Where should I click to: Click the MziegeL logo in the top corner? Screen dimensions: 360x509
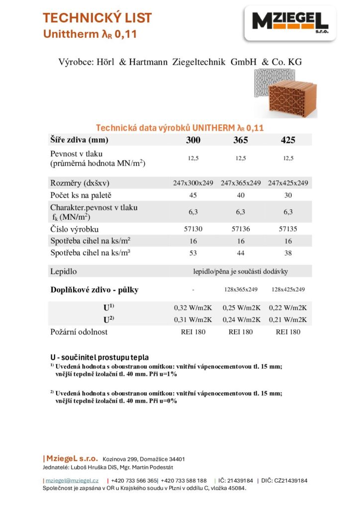[290, 22]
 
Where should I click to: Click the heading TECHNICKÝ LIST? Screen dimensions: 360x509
[97, 18]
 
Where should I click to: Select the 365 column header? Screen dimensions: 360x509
[241, 140]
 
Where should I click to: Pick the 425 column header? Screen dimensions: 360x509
[288, 140]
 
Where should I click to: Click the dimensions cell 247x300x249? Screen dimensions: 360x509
[193, 183]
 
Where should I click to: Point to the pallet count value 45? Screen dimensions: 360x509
[193, 195]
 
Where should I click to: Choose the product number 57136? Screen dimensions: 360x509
[241, 229]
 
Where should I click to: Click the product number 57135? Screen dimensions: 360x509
[288, 229]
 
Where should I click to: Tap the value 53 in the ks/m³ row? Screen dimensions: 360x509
[193, 253]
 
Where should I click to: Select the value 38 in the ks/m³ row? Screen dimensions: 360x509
[288, 253]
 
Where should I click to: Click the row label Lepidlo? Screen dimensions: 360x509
[64, 271]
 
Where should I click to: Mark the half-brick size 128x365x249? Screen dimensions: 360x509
[241, 289]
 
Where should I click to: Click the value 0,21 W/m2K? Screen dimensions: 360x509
[288, 319]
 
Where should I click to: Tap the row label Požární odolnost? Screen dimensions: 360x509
[79, 332]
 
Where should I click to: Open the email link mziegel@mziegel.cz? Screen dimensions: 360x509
[72, 481]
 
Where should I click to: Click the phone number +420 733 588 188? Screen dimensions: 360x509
[183, 481]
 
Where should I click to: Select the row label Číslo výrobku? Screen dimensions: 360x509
[75, 229]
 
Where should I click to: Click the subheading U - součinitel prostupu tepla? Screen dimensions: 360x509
[99, 357]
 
